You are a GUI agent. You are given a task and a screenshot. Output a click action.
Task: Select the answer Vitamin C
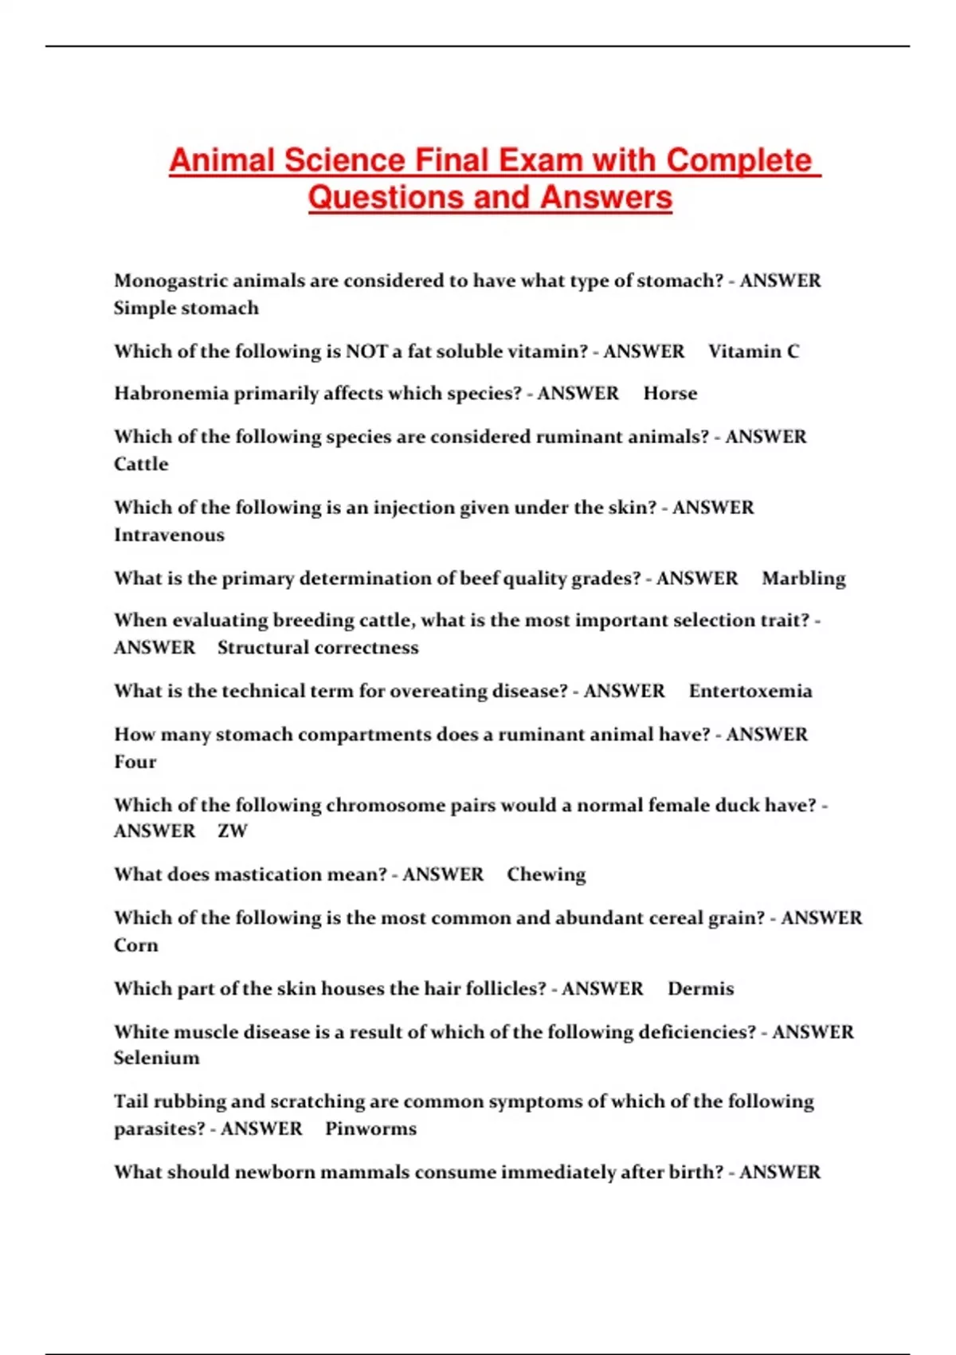click(753, 352)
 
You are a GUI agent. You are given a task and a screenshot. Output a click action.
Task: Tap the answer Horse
click(670, 394)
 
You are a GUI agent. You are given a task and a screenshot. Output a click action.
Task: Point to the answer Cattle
click(141, 464)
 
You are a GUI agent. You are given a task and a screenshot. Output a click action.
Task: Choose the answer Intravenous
click(169, 535)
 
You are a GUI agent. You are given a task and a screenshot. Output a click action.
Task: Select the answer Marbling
click(803, 578)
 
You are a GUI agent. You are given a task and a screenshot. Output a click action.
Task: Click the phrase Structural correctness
click(318, 647)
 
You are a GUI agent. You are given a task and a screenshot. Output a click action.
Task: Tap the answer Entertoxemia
click(750, 691)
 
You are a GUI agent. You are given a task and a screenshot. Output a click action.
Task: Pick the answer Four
click(135, 762)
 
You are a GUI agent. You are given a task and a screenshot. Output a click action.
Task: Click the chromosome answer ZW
click(233, 831)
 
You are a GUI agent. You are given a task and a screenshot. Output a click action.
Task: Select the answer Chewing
click(546, 874)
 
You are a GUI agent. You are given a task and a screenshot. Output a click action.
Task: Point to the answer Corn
click(135, 945)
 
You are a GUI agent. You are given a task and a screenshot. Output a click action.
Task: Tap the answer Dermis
click(700, 988)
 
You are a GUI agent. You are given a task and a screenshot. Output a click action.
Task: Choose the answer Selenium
click(156, 1058)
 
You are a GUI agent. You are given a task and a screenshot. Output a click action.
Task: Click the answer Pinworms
click(370, 1129)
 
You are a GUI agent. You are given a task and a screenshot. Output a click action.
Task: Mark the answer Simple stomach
click(186, 308)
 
